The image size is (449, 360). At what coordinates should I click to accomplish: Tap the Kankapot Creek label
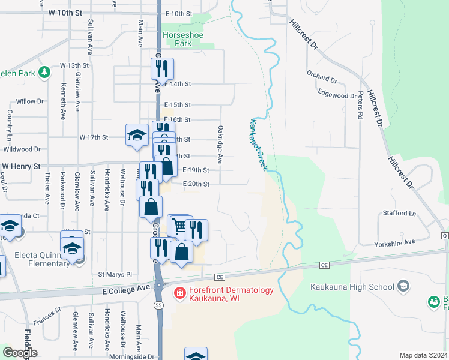[x=257, y=144]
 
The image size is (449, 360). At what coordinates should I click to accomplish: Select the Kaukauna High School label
[x=351, y=287]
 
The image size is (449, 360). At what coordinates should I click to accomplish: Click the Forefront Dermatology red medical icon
[x=179, y=292]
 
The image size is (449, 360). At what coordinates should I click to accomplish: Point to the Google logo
[x=19, y=353]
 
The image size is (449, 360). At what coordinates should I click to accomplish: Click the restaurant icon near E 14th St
[x=162, y=69]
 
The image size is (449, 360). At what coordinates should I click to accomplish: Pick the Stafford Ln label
[x=400, y=213]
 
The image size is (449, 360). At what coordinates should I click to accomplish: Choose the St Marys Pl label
[x=119, y=274]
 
